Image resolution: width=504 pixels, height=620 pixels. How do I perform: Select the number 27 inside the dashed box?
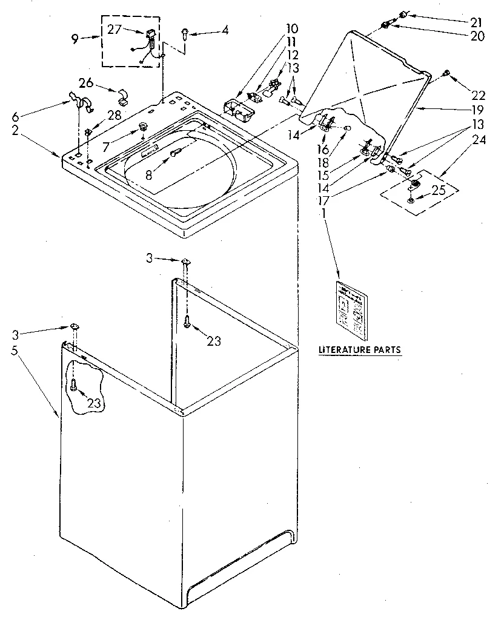pos(114,29)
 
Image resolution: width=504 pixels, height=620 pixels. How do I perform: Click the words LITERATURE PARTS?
pos(360,349)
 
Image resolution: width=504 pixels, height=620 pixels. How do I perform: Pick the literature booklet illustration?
pos(351,309)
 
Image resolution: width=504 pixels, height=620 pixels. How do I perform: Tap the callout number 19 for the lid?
pos(477,110)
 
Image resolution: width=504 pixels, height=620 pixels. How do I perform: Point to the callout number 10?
pos(292,28)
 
